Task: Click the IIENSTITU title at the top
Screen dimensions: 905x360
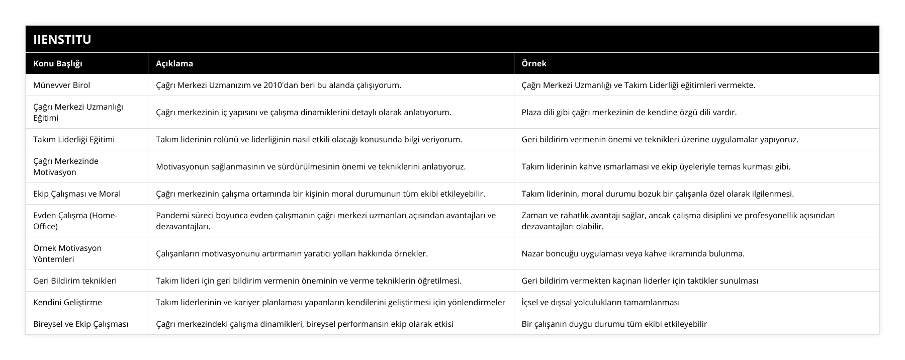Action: pos(62,39)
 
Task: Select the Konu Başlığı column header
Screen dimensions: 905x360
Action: pos(58,63)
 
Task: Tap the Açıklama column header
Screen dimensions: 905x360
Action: pos(174,63)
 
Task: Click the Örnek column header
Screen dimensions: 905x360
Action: pos(534,63)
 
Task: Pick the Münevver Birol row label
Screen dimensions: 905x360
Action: pos(61,85)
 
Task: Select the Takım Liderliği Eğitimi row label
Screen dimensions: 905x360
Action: pos(74,139)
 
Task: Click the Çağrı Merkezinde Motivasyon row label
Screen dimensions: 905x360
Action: pos(66,166)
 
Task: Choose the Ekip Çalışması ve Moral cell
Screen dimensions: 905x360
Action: pos(77,194)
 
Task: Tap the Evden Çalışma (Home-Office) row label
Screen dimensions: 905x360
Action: pos(75,221)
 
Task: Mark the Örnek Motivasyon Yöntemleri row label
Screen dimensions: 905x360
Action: pos(67,253)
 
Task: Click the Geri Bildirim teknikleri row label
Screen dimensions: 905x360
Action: pos(75,281)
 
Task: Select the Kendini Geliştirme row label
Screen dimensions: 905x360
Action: pos(67,302)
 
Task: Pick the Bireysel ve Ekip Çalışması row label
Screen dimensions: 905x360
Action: pos(80,324)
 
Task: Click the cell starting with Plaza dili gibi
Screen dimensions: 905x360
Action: pos(629,112)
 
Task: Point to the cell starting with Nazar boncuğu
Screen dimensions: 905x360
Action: pos(633,253)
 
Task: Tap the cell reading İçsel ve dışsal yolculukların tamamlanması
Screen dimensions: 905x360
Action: pos(601,302)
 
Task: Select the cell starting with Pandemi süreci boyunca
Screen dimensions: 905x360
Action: pos(326,221)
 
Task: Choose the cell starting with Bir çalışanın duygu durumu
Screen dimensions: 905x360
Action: pos(614,324)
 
